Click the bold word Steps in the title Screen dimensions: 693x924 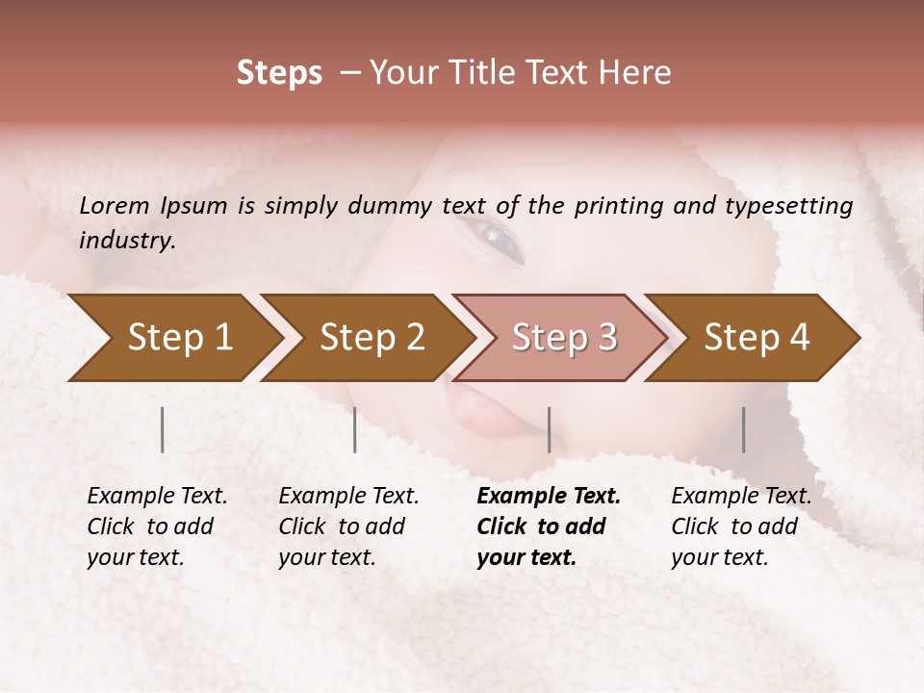(x=279, y=72)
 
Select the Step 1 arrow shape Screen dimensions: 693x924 (x=173, y=338)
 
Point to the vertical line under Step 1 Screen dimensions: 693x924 (x=163, y=429)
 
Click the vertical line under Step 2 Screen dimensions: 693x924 (x=355, y=429)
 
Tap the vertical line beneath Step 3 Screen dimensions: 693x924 (x=549, y=429)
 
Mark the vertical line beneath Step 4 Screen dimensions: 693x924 (x=743, y=429)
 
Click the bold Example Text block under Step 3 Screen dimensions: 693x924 (x=549, y=526)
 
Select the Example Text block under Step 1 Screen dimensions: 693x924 (x=157, y=526)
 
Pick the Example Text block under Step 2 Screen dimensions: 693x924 (x=348, y=526)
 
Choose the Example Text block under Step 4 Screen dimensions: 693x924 (x=741, y=526)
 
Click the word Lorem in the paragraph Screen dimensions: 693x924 (x=115, y=206)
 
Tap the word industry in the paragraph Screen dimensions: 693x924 (x=126, y=241)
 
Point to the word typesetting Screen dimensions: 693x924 (x=788, y=206)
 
